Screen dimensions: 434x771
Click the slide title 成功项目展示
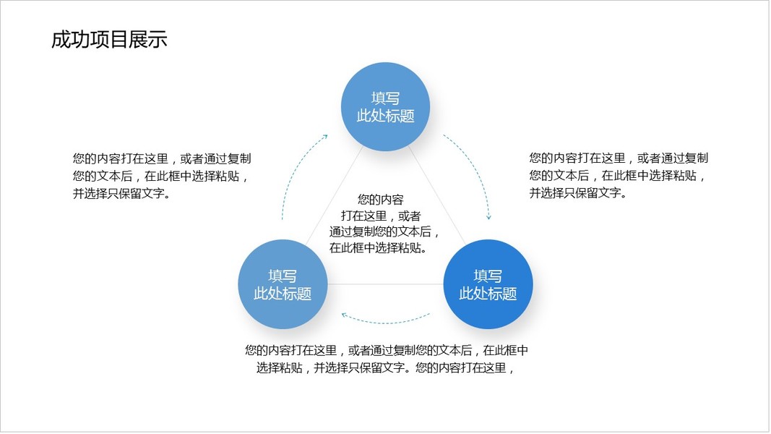pos(109,40)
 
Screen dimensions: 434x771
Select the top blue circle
pos(385,106)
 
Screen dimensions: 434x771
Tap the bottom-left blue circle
pos(283,284)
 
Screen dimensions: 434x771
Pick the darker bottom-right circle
pos(488,284)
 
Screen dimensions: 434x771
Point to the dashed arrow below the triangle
pos(385,320)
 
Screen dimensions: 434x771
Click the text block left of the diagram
pos(161,176)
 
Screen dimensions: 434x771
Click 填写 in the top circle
pos(385,98)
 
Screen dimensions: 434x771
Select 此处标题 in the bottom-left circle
pos(283,294)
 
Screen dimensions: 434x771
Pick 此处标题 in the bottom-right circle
pos(488,294)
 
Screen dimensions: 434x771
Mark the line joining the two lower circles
pos(385,284)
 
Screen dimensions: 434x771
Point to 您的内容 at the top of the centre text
pos(381,199)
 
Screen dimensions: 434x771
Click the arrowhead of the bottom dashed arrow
pos(345,315)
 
